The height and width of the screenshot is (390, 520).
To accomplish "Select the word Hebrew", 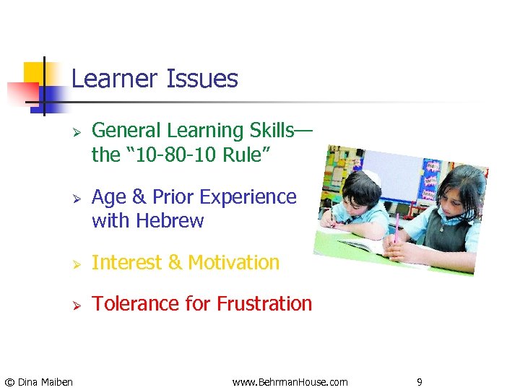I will click(169, 220).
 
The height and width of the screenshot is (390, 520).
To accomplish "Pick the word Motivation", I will click(233, 262).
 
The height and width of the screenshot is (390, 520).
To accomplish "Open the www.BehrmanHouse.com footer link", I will click(290, 381).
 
